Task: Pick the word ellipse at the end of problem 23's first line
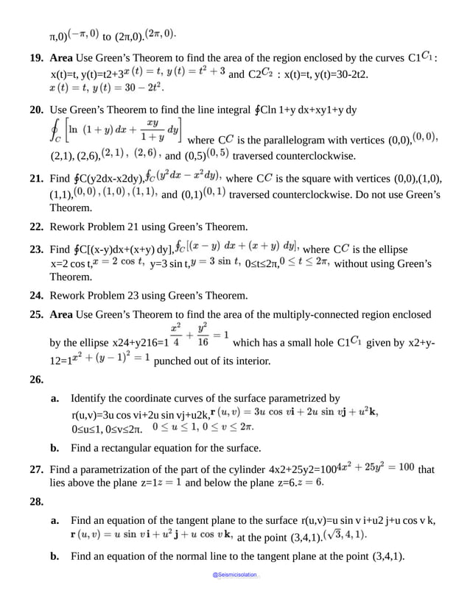tap(391, 249)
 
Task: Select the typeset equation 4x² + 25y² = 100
tap(375, 468)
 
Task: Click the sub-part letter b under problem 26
tap(55, 447)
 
